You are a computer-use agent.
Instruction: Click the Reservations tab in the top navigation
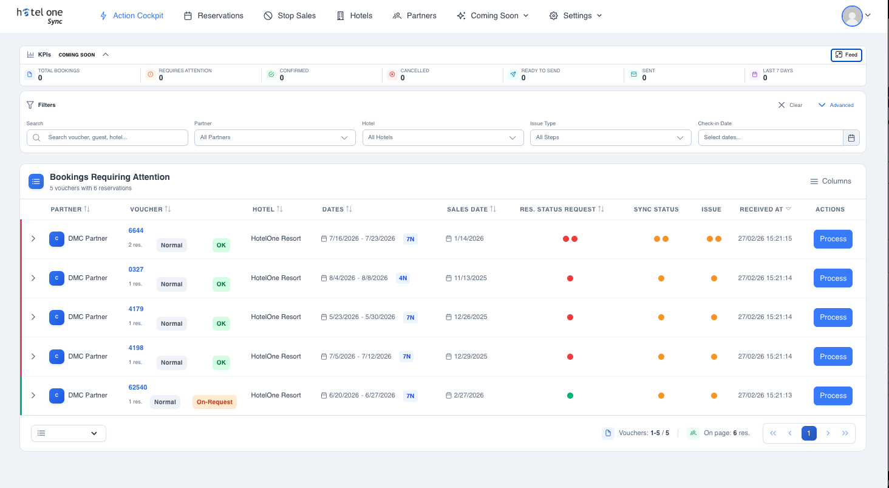pos(214,16)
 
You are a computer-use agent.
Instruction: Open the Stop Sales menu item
pos(290,16)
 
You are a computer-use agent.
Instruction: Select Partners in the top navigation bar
pos(415,16)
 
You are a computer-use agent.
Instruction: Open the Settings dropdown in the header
pos(576,16)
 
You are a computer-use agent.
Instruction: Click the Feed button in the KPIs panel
pos(846,55)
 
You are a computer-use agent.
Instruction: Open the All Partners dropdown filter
pos(275,137)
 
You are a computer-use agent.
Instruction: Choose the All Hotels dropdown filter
pos(443,137)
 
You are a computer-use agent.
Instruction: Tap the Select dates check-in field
pos(771,137)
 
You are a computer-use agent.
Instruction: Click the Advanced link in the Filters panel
pos(836,105)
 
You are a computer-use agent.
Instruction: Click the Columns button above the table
pos(831,181)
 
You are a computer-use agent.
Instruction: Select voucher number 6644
pos(136,230)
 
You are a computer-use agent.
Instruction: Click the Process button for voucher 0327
pos(833,278)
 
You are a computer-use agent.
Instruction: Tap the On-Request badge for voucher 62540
pos(214,402)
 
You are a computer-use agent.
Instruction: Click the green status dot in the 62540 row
pos(570,396)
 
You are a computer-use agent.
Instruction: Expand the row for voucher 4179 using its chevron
pos(33,317)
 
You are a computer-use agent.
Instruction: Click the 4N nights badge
pos(403,278)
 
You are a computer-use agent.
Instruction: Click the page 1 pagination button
pos(808,433)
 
